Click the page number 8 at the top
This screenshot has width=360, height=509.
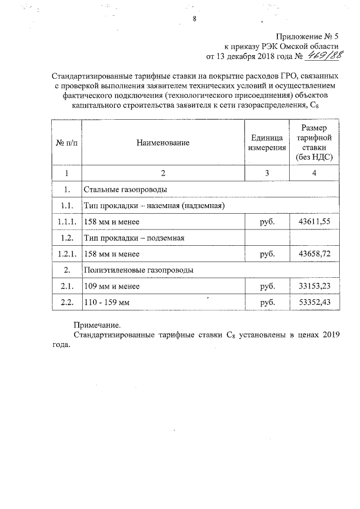coord(193,19)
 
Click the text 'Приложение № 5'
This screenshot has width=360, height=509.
coord(309,35)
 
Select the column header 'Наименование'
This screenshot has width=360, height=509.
coord(163,143)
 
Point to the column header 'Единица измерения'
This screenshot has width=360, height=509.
coord(267,143)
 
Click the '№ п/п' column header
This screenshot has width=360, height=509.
coord(67,143)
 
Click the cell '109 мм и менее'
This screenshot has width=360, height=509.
coord(111,287)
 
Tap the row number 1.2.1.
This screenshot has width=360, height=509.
coord(67,254)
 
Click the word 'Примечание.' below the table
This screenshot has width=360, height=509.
coord(97,325)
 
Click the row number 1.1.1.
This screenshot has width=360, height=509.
coord(67,222)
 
